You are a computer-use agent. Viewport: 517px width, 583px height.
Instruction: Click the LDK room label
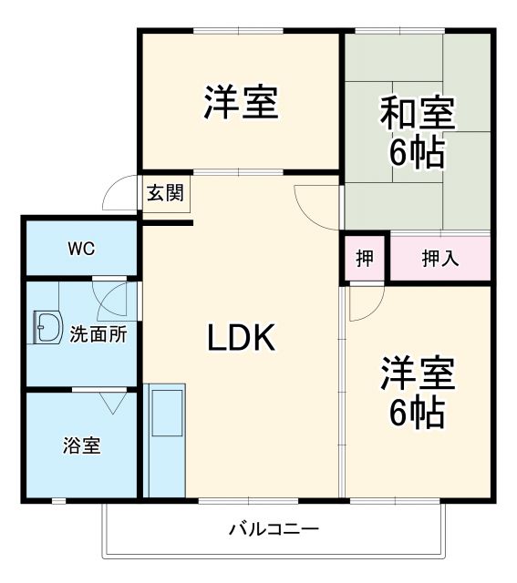[241, 339]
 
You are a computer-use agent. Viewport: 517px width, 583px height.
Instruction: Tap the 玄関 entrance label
[165, 192]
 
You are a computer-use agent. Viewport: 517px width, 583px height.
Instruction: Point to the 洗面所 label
[98, 334]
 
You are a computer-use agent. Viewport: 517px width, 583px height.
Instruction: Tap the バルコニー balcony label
[274, 528]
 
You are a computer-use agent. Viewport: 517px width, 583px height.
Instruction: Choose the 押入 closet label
[440, 259]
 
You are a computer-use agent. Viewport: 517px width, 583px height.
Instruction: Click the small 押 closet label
[365, 259]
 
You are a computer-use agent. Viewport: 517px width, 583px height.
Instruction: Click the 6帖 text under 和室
[417, 153]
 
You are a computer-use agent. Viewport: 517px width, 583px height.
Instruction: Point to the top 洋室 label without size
[241, 102]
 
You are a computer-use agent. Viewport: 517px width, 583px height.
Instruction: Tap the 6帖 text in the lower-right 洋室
[417, 413]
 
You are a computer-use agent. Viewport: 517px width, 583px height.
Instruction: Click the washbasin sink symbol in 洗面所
[45, 328]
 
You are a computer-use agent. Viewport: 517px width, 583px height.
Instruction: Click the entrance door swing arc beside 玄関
[119, 195]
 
